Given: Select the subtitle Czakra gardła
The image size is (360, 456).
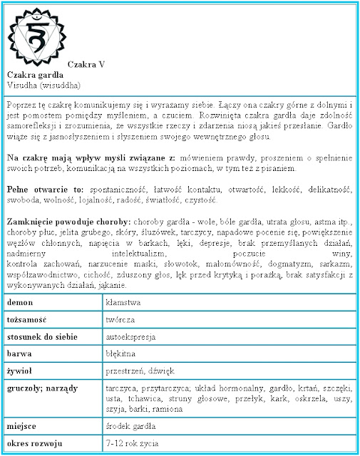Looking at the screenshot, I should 32,74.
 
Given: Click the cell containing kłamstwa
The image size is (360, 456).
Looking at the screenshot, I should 123,303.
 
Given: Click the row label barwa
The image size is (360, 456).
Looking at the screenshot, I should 21,354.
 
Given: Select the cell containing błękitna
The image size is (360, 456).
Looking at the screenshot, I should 122,354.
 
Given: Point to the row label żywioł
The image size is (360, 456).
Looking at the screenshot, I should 21,371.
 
